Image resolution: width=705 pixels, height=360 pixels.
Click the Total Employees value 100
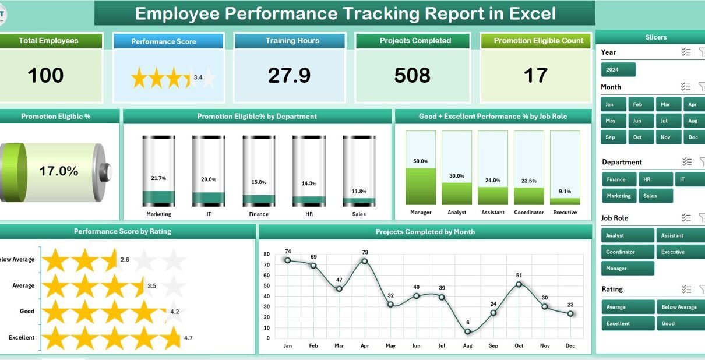point(46,76)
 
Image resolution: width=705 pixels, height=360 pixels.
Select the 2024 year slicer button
point(618,70)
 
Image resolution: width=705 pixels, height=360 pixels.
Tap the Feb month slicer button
point(638,104)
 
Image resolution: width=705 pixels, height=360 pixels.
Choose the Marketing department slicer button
point(619,196)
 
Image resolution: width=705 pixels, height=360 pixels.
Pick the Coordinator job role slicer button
point(627,252)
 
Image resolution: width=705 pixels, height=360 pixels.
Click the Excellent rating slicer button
point(627,323)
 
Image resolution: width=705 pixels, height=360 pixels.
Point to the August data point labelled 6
point(468,331)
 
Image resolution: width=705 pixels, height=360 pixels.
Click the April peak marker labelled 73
point(365,261)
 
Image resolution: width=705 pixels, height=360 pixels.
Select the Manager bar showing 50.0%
point(421,186)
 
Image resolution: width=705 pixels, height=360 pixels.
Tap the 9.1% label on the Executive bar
point(565,190)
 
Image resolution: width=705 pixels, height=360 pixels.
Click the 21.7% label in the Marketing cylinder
point(158,178)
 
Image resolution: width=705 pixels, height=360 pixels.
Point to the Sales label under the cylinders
point(359,214)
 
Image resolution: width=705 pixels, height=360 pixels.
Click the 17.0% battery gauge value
point(58,171)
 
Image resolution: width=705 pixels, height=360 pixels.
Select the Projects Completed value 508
point(412,76)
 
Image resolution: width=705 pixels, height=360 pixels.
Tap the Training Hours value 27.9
point(290,76)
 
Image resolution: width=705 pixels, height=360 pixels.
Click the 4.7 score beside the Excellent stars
point(188,337)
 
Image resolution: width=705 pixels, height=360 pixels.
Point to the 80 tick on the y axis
point(266,255)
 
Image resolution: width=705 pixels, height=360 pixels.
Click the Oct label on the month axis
point(519,345)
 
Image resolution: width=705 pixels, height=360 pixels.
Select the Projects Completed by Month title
point(425,232)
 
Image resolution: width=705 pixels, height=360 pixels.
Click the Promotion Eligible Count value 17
point(535,76)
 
